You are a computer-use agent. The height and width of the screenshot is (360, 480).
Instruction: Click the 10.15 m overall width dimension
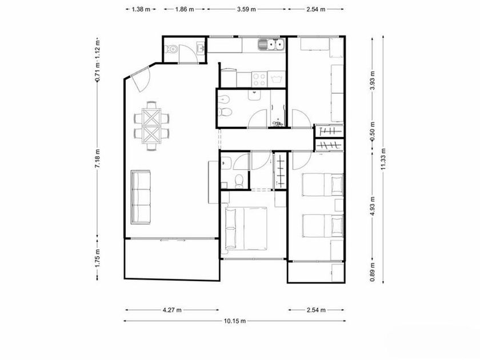click(x=235, y=321)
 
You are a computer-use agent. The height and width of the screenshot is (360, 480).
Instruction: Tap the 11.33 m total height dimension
click(x=383, y=159)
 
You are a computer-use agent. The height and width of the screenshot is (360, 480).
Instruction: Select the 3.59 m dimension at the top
click(x=246, y=9)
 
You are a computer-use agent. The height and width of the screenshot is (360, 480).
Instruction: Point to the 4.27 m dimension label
click(x=172, y=310)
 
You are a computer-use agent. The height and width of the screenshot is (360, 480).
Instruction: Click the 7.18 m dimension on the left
click(x=97, y=158)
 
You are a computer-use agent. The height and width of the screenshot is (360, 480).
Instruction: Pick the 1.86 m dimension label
click(x=185, y=9)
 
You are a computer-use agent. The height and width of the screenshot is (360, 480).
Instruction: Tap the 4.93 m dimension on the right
click(x=373, y=206)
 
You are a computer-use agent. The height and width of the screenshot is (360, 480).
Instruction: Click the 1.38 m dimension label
click(x=141, y=9)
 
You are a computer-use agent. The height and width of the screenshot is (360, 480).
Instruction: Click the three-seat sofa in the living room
click(x=141, y=197)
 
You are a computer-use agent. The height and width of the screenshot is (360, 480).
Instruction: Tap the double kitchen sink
click(x=271, y=45)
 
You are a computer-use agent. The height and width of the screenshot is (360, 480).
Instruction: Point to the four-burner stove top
click(x=259, y=79)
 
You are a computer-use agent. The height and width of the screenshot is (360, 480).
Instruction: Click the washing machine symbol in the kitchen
click(x=277, y=79)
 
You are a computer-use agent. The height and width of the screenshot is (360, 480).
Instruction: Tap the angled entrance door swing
click(x=141, y=79)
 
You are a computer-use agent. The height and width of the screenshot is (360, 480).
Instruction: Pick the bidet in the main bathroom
click(x=225, y=99)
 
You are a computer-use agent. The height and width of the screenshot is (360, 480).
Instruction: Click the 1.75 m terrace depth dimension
click(x=97, y=258)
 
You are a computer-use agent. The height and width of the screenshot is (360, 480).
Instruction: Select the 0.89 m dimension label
click(x=373, y=272)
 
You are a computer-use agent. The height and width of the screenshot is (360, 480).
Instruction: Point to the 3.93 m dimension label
click(x=373, y=80)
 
